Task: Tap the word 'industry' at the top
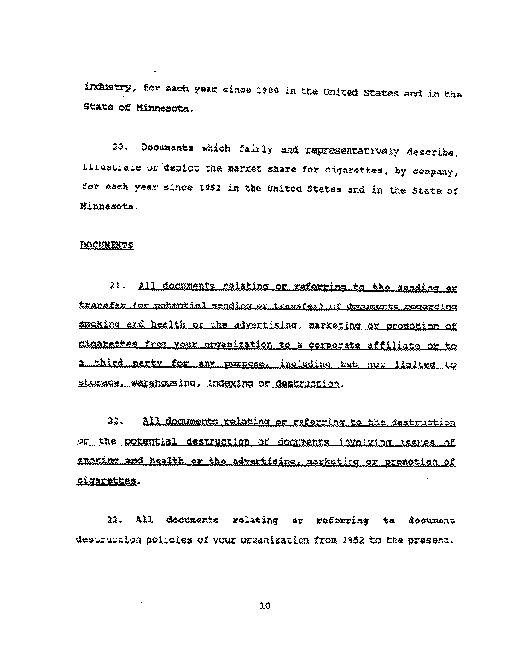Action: tap(106, 89)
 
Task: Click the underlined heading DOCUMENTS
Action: tap(107, 246)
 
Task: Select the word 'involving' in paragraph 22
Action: tap(357, 442)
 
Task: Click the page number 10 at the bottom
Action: tap(264, 607)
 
